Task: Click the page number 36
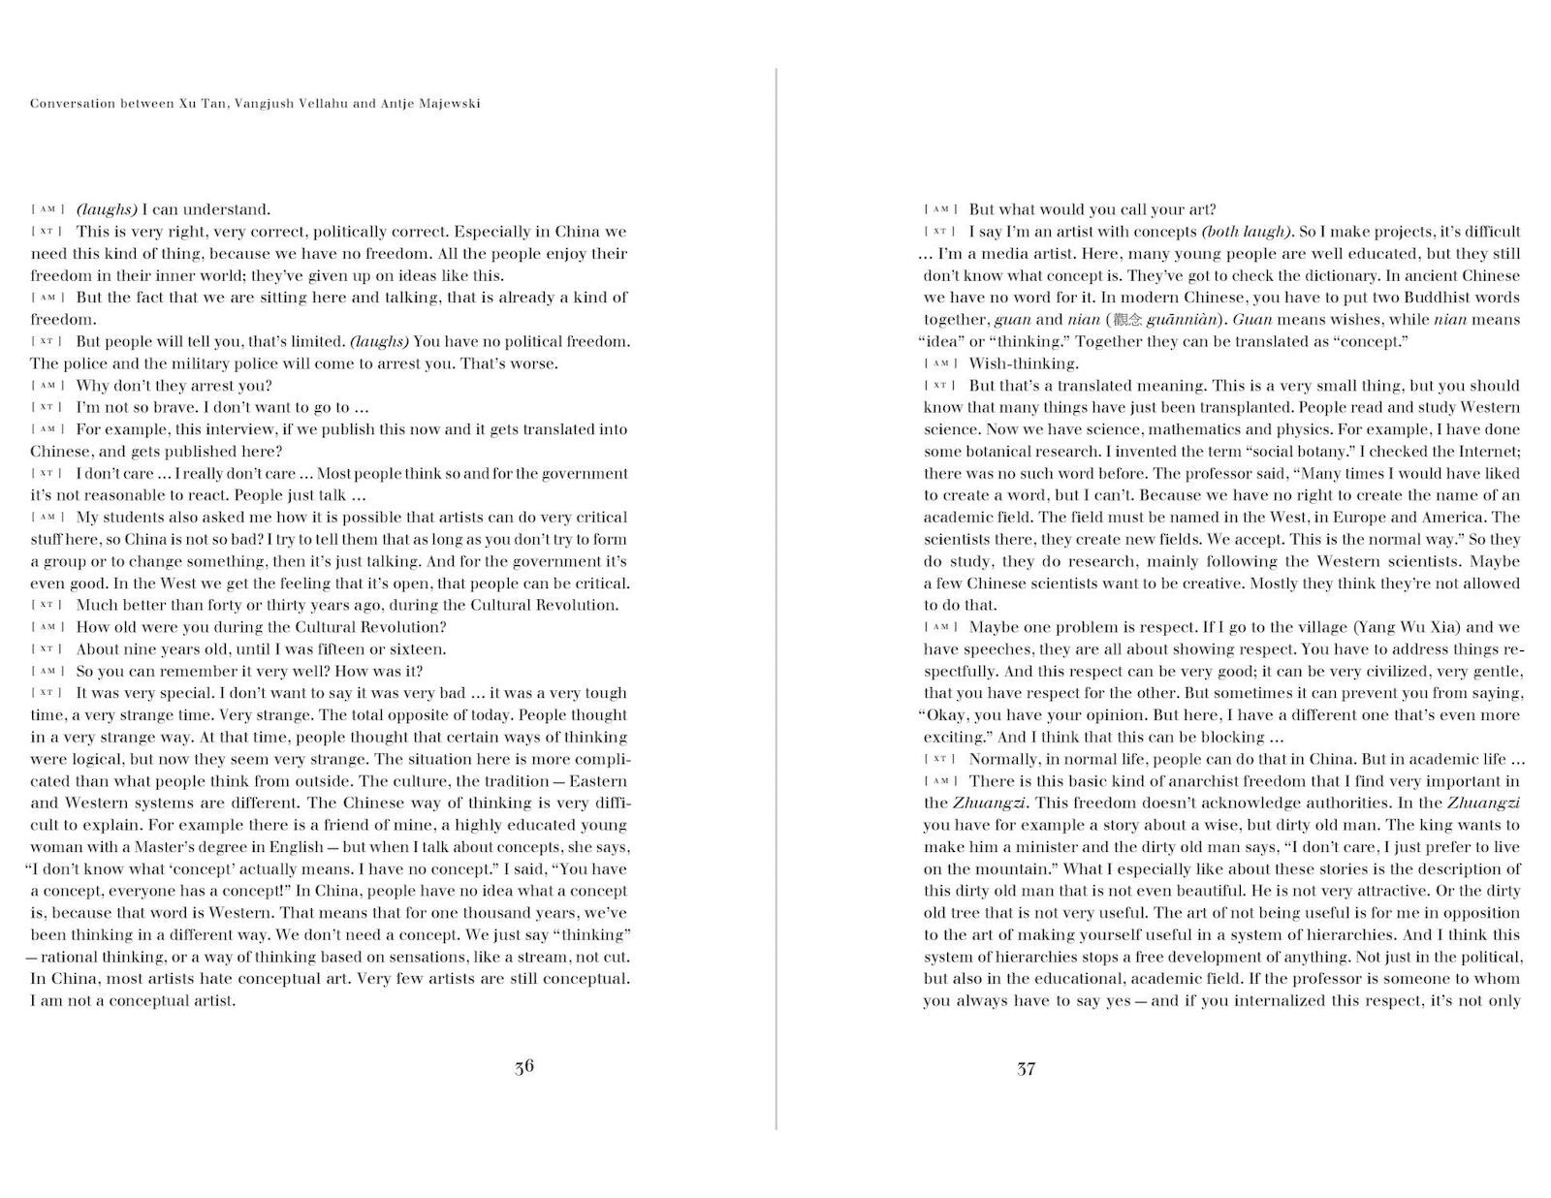point(523,1067)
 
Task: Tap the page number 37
point(1027,1068)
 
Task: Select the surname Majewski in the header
point(447,104)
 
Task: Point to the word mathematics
point(1199,429)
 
